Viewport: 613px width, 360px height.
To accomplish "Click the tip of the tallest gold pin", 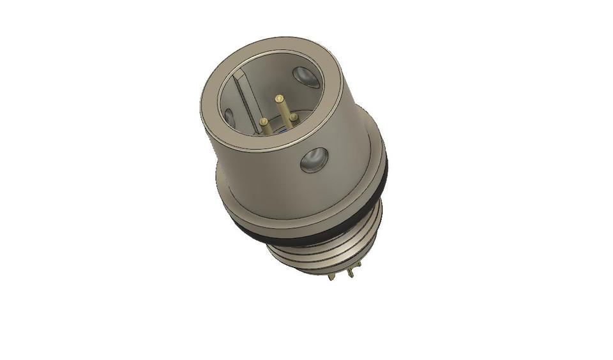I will point(278,98).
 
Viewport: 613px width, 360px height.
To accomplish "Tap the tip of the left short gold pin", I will point(263,120).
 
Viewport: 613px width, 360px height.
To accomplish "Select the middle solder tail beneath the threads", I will point(345,273).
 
